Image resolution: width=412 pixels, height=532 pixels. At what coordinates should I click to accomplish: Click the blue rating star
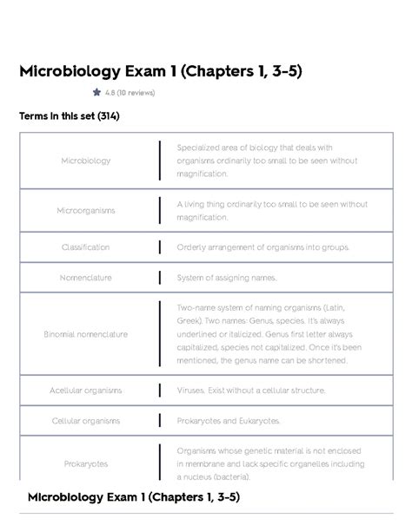pyautogui.click(x=96, y=92)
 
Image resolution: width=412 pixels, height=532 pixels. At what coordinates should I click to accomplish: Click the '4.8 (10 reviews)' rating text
pyautogui.click(x=130, y=93)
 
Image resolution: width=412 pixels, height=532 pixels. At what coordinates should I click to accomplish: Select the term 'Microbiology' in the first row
pyautogui.click(x=86, y=161)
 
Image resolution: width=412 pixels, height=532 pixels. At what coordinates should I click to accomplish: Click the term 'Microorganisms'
pyautogui.click(x=86, y=211)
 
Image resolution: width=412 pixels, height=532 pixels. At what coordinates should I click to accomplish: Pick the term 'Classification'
pyautogui.click(x=86, y=247)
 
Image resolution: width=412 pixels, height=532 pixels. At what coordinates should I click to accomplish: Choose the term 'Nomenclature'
pyautogui.click(x=86, y=278)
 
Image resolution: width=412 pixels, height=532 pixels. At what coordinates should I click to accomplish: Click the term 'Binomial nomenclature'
pyautogui.click(x=86, y=334)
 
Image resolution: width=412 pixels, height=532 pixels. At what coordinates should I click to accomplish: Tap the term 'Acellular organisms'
pyautogui.click(x=86, y=391)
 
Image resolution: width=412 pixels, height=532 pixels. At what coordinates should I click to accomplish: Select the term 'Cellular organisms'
pyautogui.click(x=86, y=421)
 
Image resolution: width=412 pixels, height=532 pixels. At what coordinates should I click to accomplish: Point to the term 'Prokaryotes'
pyautogui.click(x=86, y=464)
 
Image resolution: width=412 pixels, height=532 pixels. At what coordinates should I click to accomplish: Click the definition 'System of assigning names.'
pyautogui.click(x=227, y=278)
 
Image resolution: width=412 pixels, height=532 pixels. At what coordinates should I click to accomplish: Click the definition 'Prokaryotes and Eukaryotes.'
pyautogui.click(x=229, y=421)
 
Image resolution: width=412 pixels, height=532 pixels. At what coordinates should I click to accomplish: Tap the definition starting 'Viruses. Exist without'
pyautogui.click(x=251, y=391)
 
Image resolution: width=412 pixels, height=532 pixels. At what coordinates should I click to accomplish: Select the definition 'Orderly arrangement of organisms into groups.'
pyautogui.click(x=262, y=247)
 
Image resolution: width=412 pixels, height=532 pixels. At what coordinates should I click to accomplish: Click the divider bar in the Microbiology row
pyautogui.click(x=160, y=161)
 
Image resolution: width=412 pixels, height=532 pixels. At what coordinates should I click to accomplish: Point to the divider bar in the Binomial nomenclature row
pyautogui.click(x=160, y=334)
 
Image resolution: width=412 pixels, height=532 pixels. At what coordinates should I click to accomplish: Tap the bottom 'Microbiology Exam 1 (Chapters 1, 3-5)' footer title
pyautogui.click(x=134, y=497)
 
